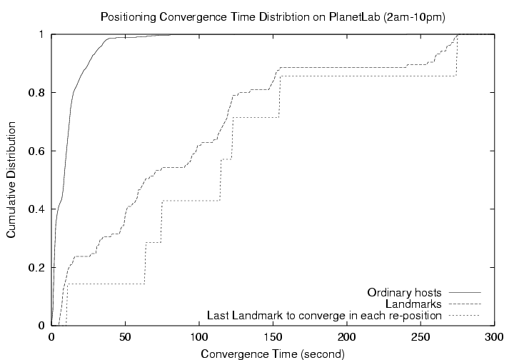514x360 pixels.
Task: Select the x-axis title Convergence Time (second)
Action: coord(273,354)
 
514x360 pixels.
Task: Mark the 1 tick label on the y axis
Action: coord(42,34)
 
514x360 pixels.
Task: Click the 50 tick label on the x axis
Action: coord(126,337)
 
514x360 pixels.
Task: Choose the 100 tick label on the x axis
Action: coord(199,337)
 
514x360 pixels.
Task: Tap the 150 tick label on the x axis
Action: coord(273,337)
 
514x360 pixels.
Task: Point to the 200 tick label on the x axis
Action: coord(347,337)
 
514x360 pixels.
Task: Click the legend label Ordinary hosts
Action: coord(405,293)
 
